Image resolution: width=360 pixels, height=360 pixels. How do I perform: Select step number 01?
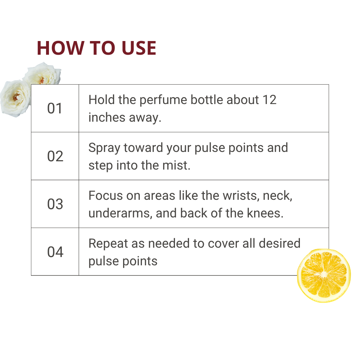tap(55, 108)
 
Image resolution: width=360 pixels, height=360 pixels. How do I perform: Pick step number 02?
tap(55, 156)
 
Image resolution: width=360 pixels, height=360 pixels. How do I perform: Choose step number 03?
tap(55, 204)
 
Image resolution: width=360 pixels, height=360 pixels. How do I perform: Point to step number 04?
tap(55, 252)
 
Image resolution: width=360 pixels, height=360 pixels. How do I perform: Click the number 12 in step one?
tap(270, 100)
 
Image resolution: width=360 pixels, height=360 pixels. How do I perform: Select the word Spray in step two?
tap(104, 148)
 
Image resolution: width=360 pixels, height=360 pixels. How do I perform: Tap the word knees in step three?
tap(265, 213)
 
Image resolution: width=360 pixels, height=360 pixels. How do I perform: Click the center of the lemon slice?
tap(324, 275)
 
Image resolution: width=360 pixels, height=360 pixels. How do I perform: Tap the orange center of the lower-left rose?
tap(16, 97)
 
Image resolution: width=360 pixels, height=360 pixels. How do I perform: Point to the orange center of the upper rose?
tap(42, 80)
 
